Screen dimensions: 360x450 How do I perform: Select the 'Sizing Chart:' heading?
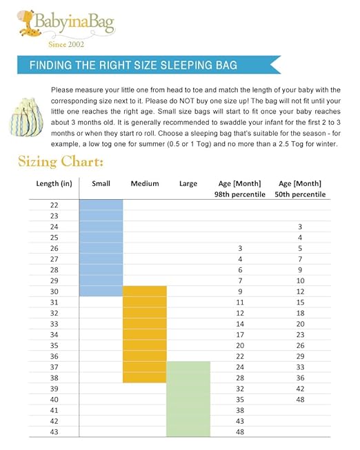coord(61,163)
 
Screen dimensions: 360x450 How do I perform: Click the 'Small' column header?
coord(101,183)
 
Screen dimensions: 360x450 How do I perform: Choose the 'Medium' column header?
coord(145,183)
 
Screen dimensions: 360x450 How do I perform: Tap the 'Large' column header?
coord(188,183)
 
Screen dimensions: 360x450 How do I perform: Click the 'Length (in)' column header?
coord(54,183)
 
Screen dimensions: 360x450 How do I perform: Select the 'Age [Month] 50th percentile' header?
coord(300,189)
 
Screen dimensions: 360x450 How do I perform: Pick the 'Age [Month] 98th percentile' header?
coord(240,189)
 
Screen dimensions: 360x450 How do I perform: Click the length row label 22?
coord(54,205)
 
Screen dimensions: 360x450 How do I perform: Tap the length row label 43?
coord(54,431)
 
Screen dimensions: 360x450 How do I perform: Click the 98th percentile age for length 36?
coord(240,356)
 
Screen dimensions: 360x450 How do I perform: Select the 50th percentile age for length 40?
coord(300,399)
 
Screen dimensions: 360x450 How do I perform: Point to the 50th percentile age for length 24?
coord(300,227)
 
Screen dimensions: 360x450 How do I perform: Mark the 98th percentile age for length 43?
coord(240,431)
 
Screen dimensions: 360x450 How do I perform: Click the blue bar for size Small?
coord(101,248)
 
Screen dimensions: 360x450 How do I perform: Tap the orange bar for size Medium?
coord(145,334)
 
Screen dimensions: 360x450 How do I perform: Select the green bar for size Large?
coord(188,398)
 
